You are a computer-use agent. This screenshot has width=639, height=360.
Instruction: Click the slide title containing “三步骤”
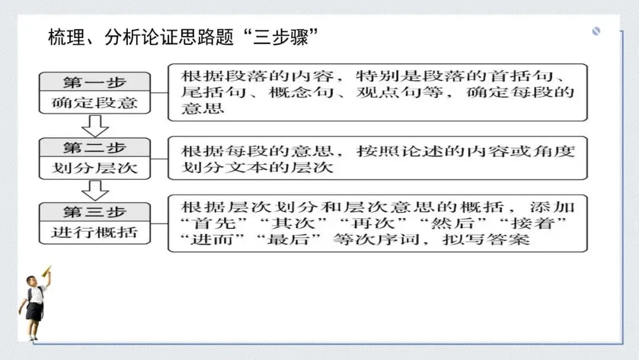(183, 37)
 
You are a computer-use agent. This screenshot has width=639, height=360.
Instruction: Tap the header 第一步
(95, 82)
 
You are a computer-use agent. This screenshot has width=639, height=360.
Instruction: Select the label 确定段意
(95, 102)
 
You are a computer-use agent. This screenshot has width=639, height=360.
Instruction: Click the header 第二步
(95, 147)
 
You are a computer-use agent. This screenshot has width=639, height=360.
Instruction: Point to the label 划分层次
(95, 168)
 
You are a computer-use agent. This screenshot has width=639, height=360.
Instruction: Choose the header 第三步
(95, 212)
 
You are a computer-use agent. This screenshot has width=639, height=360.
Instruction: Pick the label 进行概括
(95, 232)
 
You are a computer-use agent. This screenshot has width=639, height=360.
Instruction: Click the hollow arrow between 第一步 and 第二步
(95, 126)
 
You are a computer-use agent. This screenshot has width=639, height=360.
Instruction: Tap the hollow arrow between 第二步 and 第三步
(95, 191)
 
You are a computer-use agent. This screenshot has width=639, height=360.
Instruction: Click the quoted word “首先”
(214, 223)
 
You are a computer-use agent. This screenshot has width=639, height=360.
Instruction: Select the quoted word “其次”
(294, 223)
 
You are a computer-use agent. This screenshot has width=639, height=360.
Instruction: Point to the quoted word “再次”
(373, 223)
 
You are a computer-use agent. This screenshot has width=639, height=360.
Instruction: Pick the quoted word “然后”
(453, 223)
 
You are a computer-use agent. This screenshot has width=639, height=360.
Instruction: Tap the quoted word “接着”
(533, 223)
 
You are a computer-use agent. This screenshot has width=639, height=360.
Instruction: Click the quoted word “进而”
(214, 239)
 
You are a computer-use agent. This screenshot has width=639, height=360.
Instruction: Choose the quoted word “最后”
(294, 239)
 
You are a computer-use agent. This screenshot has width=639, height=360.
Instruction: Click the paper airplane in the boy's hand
(47, 271)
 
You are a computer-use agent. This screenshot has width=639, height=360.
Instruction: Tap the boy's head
(31, 281)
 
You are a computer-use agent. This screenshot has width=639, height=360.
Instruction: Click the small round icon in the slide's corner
(596, 31)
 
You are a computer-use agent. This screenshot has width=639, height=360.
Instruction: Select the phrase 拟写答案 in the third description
(486, 239)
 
